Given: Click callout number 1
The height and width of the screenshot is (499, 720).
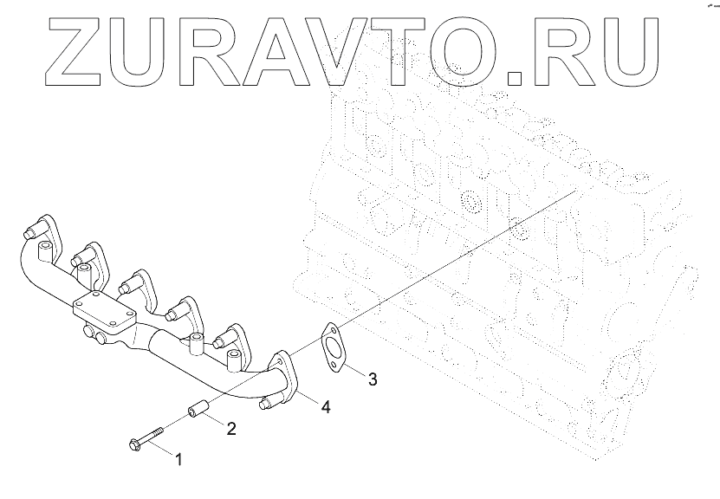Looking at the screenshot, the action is point(179,458).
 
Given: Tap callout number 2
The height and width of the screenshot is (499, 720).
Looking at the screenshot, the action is point(231,427).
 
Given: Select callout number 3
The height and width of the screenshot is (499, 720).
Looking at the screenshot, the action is point(373,379).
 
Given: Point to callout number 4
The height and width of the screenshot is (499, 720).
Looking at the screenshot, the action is point(325,405).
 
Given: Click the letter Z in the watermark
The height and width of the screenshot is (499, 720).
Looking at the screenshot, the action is point(77,51).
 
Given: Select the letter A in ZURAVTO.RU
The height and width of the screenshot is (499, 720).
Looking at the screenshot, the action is point(286,51).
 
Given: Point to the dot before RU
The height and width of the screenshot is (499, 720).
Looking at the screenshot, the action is point(516,78).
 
